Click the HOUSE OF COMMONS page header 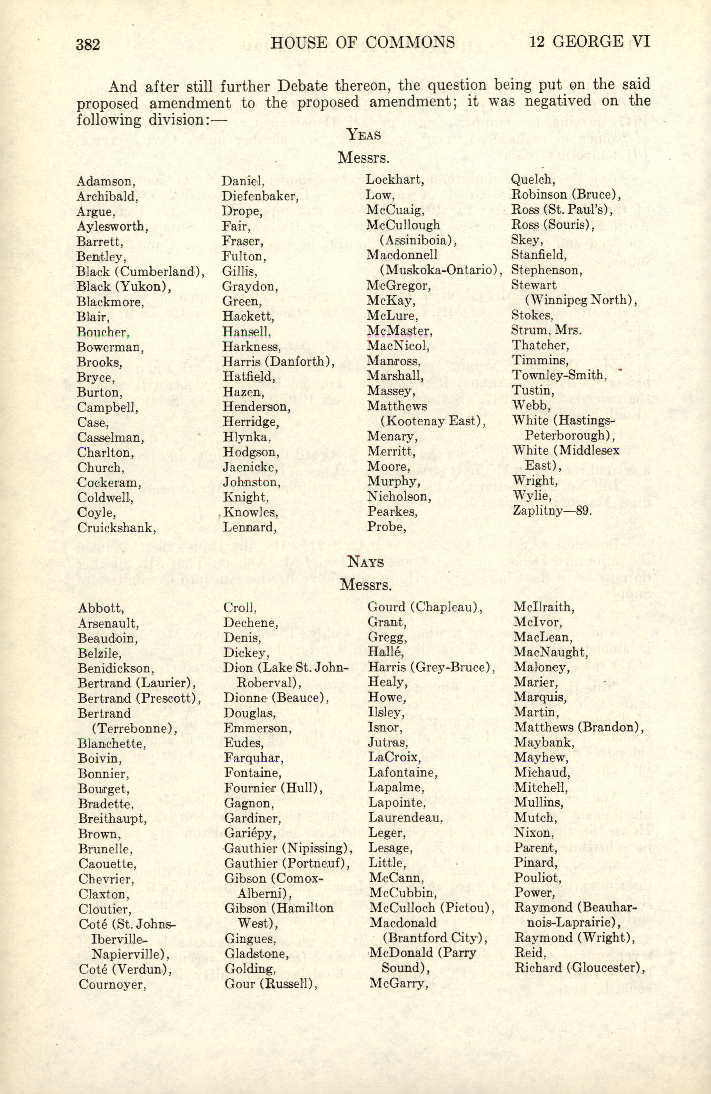pos(363,43)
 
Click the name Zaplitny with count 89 pos(552,511)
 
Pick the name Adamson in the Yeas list pos(104,181)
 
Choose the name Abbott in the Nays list pos(101,608)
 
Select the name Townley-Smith pos(560,375)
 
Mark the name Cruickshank pos(116,527)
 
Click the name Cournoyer pos(112,984)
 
